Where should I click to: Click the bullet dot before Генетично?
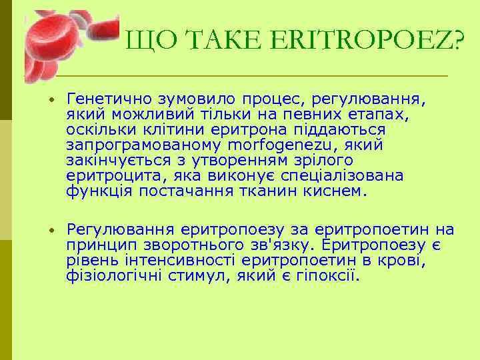[x=50, y=100]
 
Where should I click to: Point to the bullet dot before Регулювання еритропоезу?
[x=50, y=231]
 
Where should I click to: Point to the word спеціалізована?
[x=346, y=176]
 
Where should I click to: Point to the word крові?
[x=405, y=261]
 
